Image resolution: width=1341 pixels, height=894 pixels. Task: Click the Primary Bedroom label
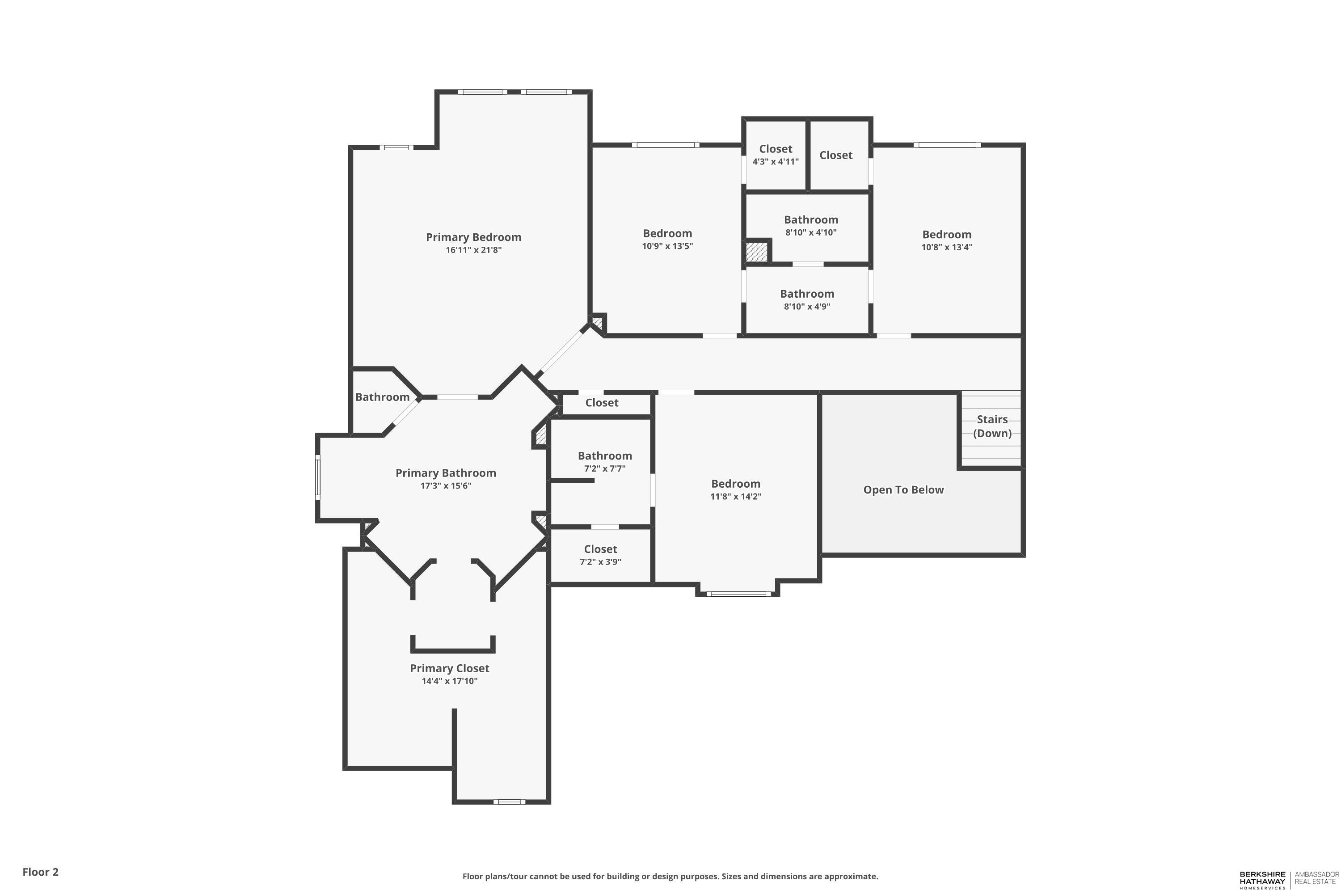pyautogui.click(x=473, y=237)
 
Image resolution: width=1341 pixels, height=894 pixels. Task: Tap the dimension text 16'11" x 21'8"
pyautogui.click(x=473, y=250)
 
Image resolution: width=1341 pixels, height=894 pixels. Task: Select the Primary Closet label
pyautogui.click(x=449, y=668)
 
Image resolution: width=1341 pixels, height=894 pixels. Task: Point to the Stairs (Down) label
pyautogui.click(x=992, y=426)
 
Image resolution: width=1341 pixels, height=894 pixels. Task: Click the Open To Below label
pyautogui.click(x=903, y=490)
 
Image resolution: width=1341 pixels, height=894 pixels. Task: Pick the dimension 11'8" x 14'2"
pyautogui.click(x=735, y=496)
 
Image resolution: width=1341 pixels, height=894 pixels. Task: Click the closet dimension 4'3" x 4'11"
pyautogui.click(x=776, y=161)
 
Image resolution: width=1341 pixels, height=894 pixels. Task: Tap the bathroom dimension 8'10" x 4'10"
pyautogui.click(x=811, y=232)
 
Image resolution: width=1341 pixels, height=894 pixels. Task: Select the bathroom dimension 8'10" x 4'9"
pyautogui.click(x=807, y=306)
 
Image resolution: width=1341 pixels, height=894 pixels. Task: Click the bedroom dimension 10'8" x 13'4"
pyautogui.click(x=946, y=247)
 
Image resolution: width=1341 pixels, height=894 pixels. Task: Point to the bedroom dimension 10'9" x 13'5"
pyautogui.click(x=667, y=246)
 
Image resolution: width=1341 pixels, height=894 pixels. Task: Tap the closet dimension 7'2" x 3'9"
pyautogui.click(x=600, y=561)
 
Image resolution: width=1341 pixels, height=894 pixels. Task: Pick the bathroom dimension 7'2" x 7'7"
pyautogui.click(x=604, y=468)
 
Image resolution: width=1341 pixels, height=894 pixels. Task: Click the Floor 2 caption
pyautogui.click(x=41, y=872)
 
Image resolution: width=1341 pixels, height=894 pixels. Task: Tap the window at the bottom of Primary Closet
pyautogui.click(x=509, y=801)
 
